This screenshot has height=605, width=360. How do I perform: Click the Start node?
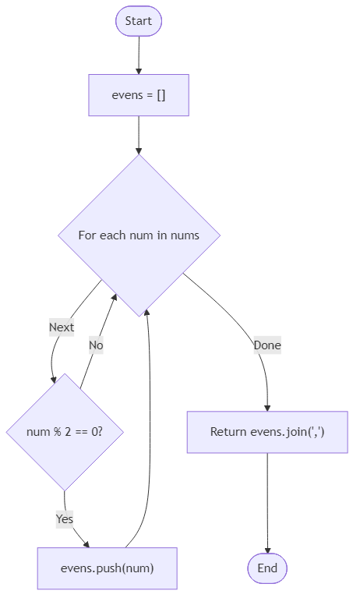point(139,21)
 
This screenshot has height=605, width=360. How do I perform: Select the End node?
point(267,568)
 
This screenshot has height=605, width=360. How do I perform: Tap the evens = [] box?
point(139,95)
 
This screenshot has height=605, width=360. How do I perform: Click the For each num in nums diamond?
point(139,235)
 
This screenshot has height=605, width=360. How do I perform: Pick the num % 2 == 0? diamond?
point(65,431)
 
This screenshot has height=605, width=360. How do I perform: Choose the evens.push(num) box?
point(107,568)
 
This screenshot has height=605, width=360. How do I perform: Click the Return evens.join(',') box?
point(267,432)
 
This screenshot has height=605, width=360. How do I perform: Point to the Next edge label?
point(62,327)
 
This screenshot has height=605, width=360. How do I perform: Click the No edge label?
point(96,345)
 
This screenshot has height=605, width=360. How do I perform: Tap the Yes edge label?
point(65,518)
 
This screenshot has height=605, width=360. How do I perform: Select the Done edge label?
point(267,345)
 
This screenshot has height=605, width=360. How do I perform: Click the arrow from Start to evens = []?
point(139,55)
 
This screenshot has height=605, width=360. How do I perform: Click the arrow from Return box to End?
point(267,499)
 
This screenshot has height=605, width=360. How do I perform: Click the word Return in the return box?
point(228,432)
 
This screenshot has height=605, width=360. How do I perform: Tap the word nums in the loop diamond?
point(185,235)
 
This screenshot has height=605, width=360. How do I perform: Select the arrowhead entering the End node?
point(267,550)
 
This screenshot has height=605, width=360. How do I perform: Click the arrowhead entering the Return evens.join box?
point(267,407)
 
